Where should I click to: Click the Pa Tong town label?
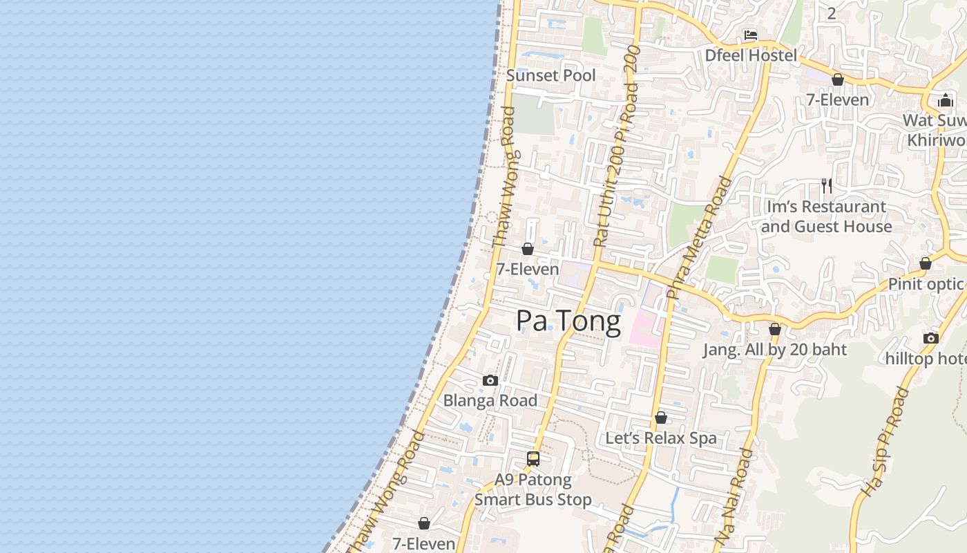click(568, 321)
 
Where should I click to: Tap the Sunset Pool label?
click(550, 75)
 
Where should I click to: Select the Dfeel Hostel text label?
click(751, 55)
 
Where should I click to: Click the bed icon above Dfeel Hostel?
click(751, 35)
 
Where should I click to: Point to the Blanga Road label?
click(490, 400)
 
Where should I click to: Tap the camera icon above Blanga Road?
click(490, 380)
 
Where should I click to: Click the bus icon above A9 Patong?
click(533, 458)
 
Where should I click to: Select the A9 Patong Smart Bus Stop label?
click(533, 489)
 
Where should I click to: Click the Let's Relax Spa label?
click(661, 438)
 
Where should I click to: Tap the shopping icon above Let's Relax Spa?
click(661, 418)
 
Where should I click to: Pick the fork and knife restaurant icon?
click(826, 185)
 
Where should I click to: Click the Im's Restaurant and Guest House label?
click(826, 216)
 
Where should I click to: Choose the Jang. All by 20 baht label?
click(775, 350)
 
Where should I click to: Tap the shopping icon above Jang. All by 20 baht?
click(775, 329)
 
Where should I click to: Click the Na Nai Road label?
click(734, 496)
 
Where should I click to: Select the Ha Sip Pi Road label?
click(886, 442)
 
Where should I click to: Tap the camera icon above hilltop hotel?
click(931, 338)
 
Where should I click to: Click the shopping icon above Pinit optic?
click(926, 263)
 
